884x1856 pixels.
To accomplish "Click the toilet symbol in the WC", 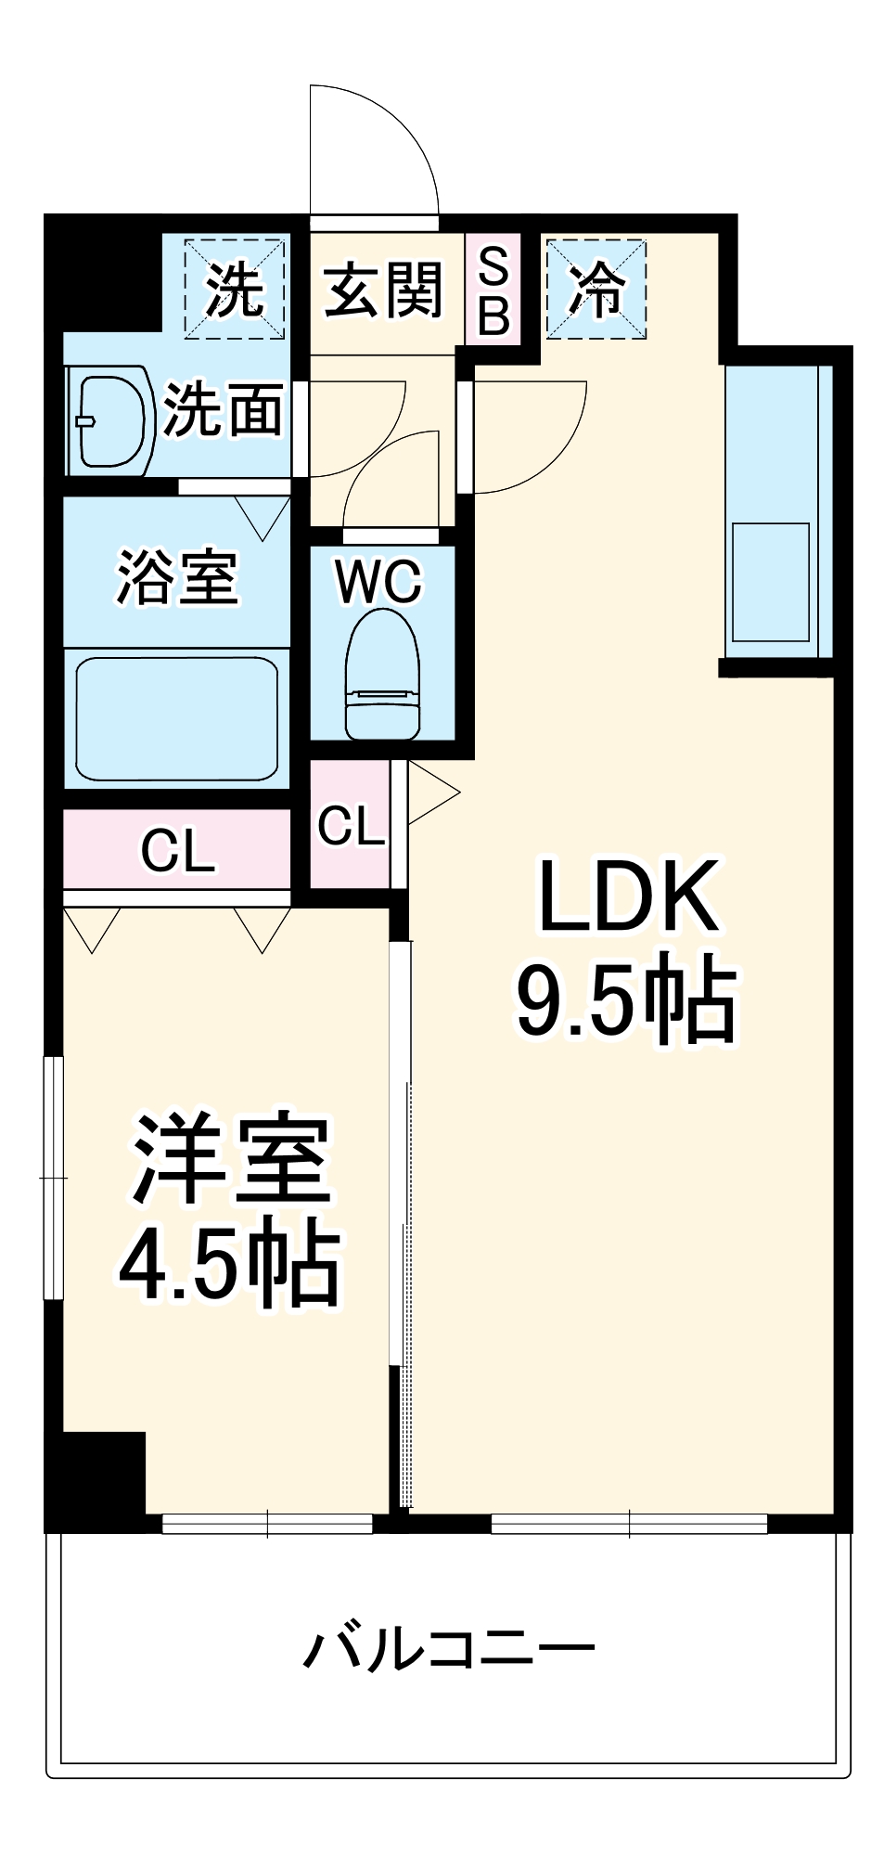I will point(381,675).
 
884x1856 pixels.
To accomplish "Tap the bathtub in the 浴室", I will point(176,719).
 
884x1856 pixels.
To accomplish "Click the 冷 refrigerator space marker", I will point(596,289).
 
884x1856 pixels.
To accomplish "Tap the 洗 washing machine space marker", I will point(234,289).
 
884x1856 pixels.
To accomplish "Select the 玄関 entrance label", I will point(383,290).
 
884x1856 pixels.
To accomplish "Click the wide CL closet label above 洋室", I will point(178,849).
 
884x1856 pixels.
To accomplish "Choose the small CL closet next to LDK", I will point(350,824).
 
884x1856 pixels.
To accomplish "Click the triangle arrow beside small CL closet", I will point(429,792).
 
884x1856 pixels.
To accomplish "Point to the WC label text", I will point(378,581).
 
